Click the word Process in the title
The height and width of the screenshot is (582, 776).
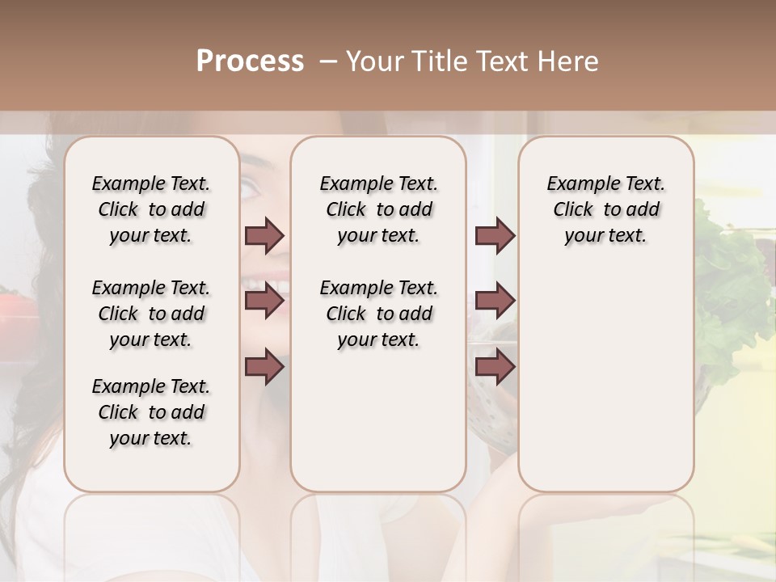(x=249, y=61)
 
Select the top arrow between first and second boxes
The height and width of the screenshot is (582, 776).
(x=264, y=236)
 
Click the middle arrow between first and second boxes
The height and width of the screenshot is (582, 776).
(x=264, y=302)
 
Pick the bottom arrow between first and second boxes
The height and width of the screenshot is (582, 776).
(x=264, y=367)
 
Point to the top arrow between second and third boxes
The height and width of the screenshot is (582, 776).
(x=495, y=236)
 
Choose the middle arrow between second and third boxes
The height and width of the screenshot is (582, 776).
(x=495, y=302)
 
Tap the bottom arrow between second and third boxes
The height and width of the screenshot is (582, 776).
(x=495, y=367)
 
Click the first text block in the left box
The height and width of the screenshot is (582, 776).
(x=151, y=209)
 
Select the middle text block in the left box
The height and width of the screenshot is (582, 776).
(x=151, y=314)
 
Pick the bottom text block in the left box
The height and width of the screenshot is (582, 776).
(x=151, y=412)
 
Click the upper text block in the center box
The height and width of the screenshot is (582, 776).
(x=378, y=209)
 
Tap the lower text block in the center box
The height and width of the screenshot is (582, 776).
(x=378, y=314)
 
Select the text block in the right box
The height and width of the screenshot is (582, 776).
(x=605, y=209)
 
